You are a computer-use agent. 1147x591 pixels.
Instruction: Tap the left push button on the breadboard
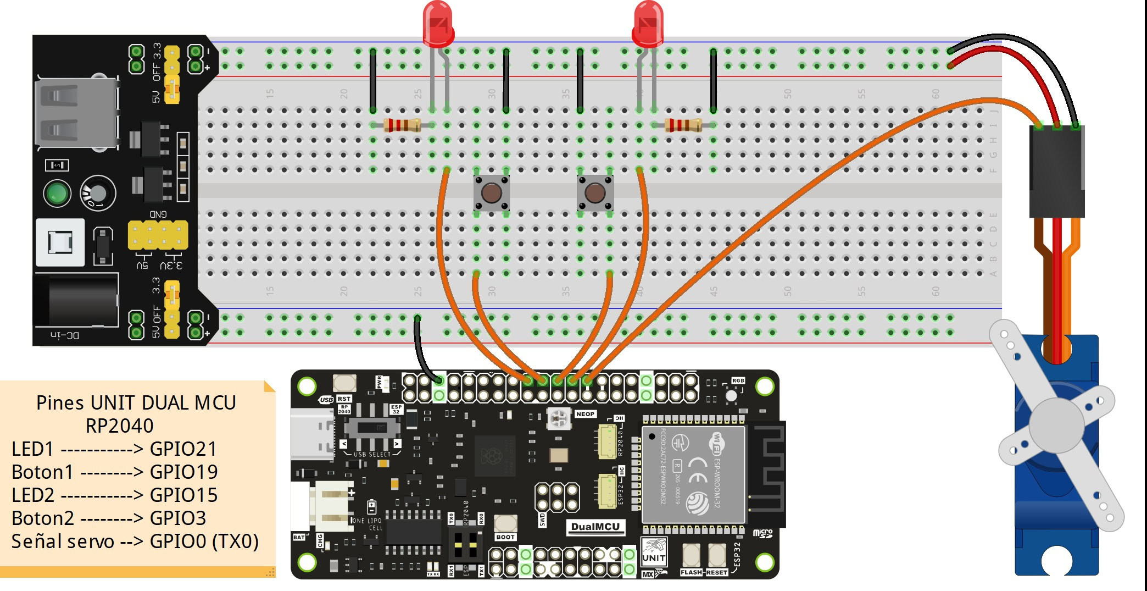click(491, 193)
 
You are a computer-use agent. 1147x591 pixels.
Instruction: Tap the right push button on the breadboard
click(595, 193)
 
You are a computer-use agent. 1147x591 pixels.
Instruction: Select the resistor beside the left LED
click(402, 125)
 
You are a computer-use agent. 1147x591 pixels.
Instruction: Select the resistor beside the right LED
click(683, 125)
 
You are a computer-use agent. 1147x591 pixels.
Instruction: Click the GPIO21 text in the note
click(183, 449)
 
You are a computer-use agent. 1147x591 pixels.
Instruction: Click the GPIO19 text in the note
click(183, 472)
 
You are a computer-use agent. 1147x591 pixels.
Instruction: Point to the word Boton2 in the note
click(43, 518)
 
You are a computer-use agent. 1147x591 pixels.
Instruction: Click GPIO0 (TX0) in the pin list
click(204, 542)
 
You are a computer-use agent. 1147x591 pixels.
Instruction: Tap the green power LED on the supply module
click(57, 194)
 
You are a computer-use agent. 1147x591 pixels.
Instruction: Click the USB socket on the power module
click(76, 113)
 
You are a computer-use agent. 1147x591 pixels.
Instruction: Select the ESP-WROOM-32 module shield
click(693, 474)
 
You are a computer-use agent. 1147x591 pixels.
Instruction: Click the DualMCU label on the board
click(595, 527)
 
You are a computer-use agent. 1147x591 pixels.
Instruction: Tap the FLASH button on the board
click(691, 556)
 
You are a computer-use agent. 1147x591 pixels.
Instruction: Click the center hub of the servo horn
click(1056, 424)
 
